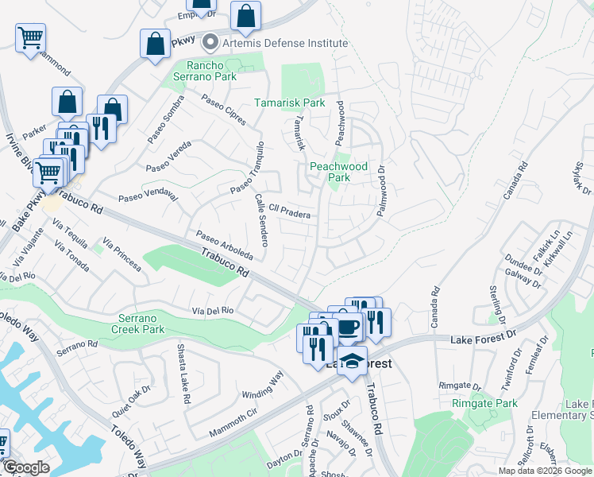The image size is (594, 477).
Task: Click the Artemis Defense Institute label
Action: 285,43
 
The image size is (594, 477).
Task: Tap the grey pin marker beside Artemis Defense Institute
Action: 211,42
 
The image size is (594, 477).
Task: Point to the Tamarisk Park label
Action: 290,103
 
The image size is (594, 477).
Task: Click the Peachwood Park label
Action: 339,172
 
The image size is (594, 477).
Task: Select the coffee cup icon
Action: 348,326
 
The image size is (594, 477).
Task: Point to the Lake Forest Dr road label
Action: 484,339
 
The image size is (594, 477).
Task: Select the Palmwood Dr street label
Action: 384,192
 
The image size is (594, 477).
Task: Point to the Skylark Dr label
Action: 583,178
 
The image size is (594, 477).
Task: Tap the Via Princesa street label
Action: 122,254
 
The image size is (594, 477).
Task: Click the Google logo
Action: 26,467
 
